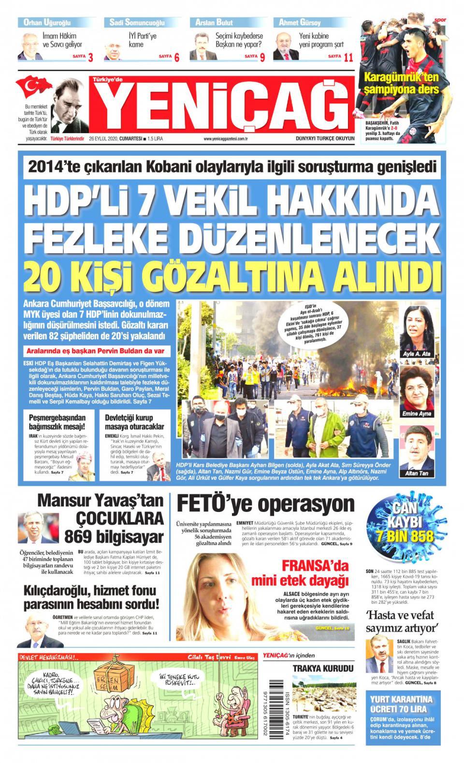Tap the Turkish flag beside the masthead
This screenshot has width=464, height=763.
(34, 87)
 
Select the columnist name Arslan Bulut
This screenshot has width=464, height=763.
(215, 22)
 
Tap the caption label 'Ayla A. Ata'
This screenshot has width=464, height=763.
(416, 354)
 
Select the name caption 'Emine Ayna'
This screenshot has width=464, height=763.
(416, 414)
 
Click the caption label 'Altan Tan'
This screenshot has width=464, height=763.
(416, 474)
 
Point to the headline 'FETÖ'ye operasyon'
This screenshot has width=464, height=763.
(266, 503)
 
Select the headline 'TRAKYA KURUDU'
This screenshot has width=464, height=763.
(322, 669)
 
